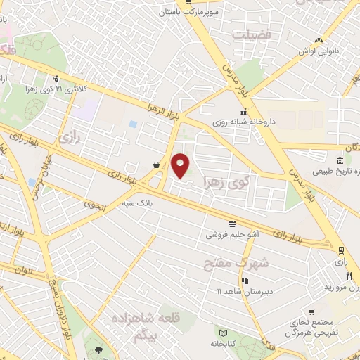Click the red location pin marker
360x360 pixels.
pos(181,166)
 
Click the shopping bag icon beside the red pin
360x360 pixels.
pos(155,165)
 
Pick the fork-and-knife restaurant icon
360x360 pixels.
pos(349,276)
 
